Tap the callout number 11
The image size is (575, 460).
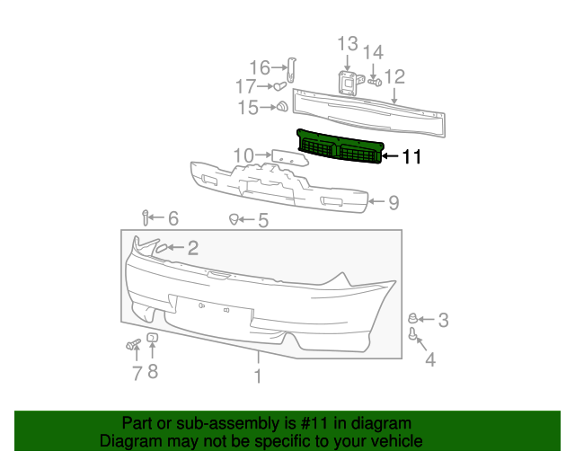pyautogui.click(x=411, y=157)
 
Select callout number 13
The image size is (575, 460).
pyautogui.click(x=348, y=44)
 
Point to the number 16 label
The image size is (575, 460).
pyautogui.click(x=259, y=67)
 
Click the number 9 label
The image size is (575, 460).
pyautogui.click(x=394, y=203)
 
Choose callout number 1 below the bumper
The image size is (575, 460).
pyautogui.click(x=258, y=376)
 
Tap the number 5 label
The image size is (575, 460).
pyautogui.click(x=262, y=220)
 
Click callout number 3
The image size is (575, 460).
pyautogui.click(x=443, y=319)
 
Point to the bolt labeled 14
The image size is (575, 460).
pyautogui.click(x=375, y=82)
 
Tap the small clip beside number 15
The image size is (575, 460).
pyautogui.click(x=280, y=108)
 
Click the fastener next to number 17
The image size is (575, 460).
pyautogui.click(x=279, y=87)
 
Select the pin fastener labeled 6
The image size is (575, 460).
pyautogui.click(x=146, y=217)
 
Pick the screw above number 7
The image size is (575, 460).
pyautogui.click(x=134, y=344)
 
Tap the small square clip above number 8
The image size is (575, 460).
pyautogui.click(x=152, y=337)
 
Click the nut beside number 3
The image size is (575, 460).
pyautogui.click(x=413, y=318)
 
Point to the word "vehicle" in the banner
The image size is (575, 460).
pyautogui.click(x=392, y=441)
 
